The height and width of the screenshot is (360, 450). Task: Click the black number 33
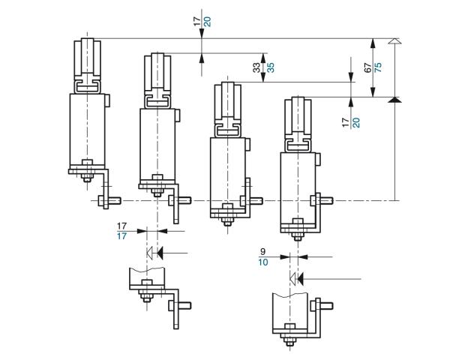point(256,67)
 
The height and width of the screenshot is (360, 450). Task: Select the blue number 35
point(270,67)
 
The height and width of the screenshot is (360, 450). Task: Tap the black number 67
point(367,67)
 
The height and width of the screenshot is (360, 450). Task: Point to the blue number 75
point(378,67)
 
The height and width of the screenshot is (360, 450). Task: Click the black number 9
point(263,252)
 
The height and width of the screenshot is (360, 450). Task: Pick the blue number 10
point(263,262)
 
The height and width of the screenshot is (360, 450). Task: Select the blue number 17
point(121,236)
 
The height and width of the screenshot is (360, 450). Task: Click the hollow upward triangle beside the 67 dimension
point(395,41)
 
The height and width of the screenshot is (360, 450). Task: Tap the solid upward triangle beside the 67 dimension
point(395,100)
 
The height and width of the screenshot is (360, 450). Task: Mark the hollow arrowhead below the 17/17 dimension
point(150,253)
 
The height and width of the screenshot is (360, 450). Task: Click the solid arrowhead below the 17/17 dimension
point(160,253)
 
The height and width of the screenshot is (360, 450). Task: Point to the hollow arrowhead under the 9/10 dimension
point(292,278)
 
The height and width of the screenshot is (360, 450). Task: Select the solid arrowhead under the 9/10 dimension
point(301,278)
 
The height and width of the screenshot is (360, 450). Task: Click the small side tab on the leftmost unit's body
point(107,100)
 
